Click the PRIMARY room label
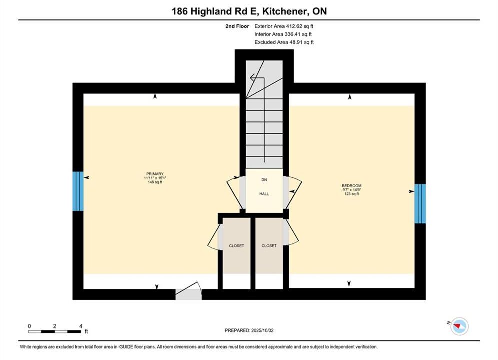click(x=155, y=174)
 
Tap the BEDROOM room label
click(x=351, y=186)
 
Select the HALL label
click(x=264, y=194)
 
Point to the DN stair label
click(x=264, y=180)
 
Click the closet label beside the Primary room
click(x=237, y=246)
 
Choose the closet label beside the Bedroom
click(x=269, y=246)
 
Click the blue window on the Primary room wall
click(x=78, y=191)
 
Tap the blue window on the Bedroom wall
click(x=420, y=204)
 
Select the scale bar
click(x=55, y=332)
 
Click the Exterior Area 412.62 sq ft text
click(x=284, y=26)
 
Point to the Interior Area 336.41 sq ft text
click(x=283, y=34)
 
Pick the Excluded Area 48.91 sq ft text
click(x=284, y=42)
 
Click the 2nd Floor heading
click(x=237, y=26)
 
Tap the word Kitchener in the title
click(x=285, y=11)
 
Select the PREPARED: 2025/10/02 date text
click(x=249, y=330)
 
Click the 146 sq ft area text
click(x=155, y=182)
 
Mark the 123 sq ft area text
click(x=351, y=194)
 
